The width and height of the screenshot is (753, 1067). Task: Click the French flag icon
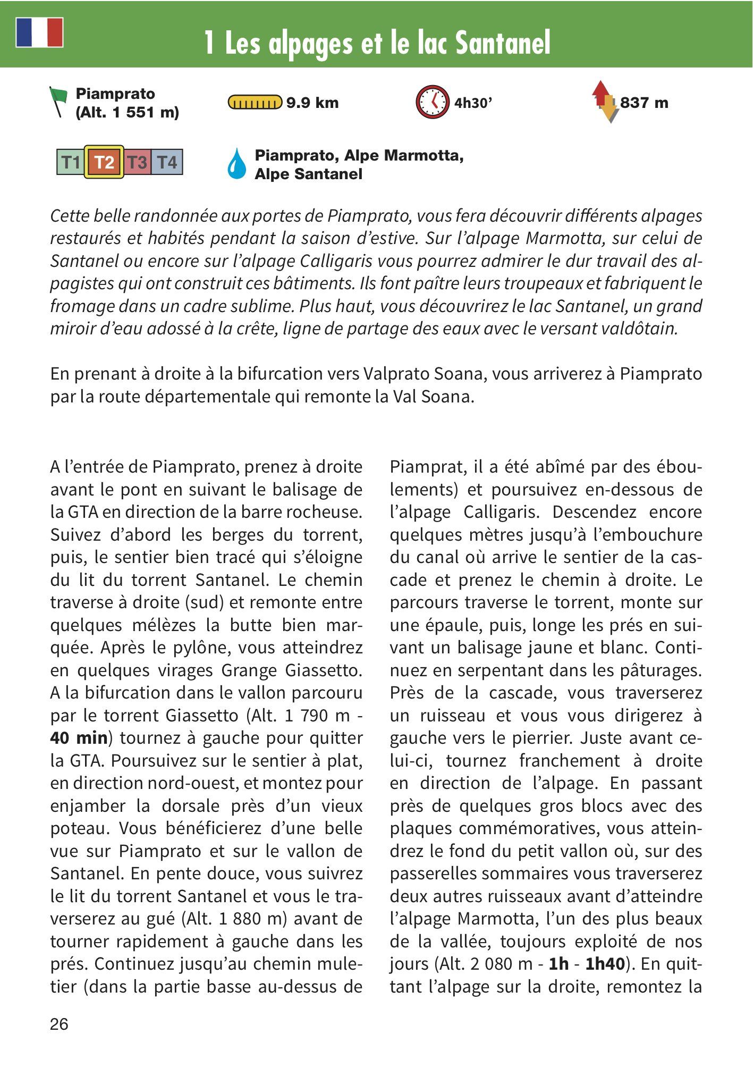[x=39, y=32]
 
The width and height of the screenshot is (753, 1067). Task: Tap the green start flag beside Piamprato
[x=58, y=100]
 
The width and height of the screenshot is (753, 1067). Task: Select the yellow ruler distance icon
[x=255, y=102]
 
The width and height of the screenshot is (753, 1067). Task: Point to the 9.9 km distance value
[x=312, y=103]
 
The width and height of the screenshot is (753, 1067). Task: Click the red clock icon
[x=433, y=102]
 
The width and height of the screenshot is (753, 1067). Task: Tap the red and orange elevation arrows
[x=605, y=102]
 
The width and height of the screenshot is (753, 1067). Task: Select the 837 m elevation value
[x=644, y=103]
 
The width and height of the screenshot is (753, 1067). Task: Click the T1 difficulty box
[x=71, y=162]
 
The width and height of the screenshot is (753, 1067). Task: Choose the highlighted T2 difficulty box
[x=104, y=162]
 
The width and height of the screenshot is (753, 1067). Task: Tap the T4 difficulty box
[x=167, y=162]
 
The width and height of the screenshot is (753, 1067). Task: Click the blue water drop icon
[x=237, y=163]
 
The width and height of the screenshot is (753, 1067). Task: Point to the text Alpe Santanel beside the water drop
[x=308, y=174]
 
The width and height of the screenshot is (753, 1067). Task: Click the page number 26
[x=59, y=1024]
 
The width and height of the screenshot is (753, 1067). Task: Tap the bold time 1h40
[x=605, y=964]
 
